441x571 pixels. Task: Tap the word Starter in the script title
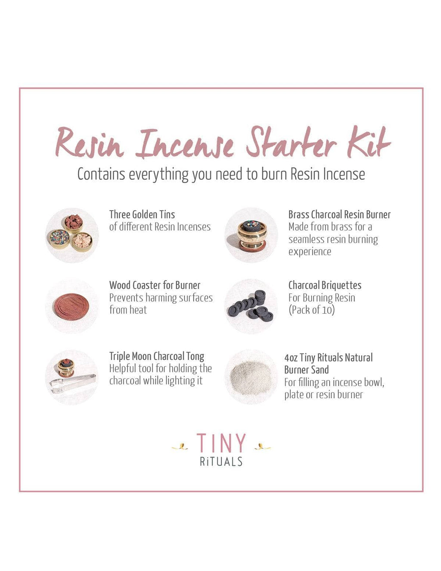coord(291,143)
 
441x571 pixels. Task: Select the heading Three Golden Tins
coord(142,215)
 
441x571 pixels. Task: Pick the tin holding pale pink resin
coord(82,242)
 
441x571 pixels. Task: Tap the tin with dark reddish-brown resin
coord(74,223)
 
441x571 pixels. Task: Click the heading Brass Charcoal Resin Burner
coord(339,215)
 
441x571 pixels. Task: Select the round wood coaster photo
coord(71,307)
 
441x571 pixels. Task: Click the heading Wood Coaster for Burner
coord(155,285)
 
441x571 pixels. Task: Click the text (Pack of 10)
coord(312,310)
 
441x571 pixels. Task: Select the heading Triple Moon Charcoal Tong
coord(157,356)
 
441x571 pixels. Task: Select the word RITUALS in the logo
coord(221,462)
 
